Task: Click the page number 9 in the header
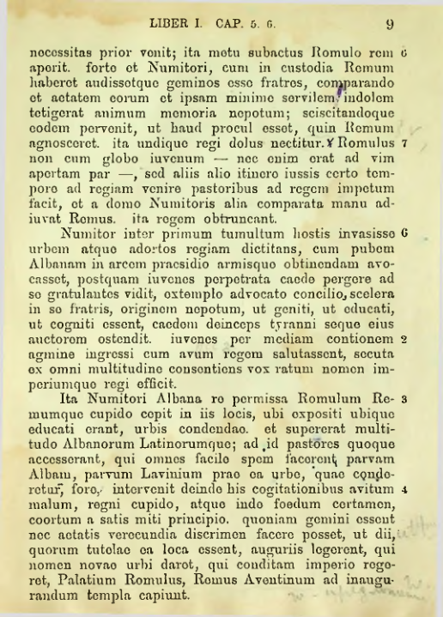pyautogui.click(x=389, y=24)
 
